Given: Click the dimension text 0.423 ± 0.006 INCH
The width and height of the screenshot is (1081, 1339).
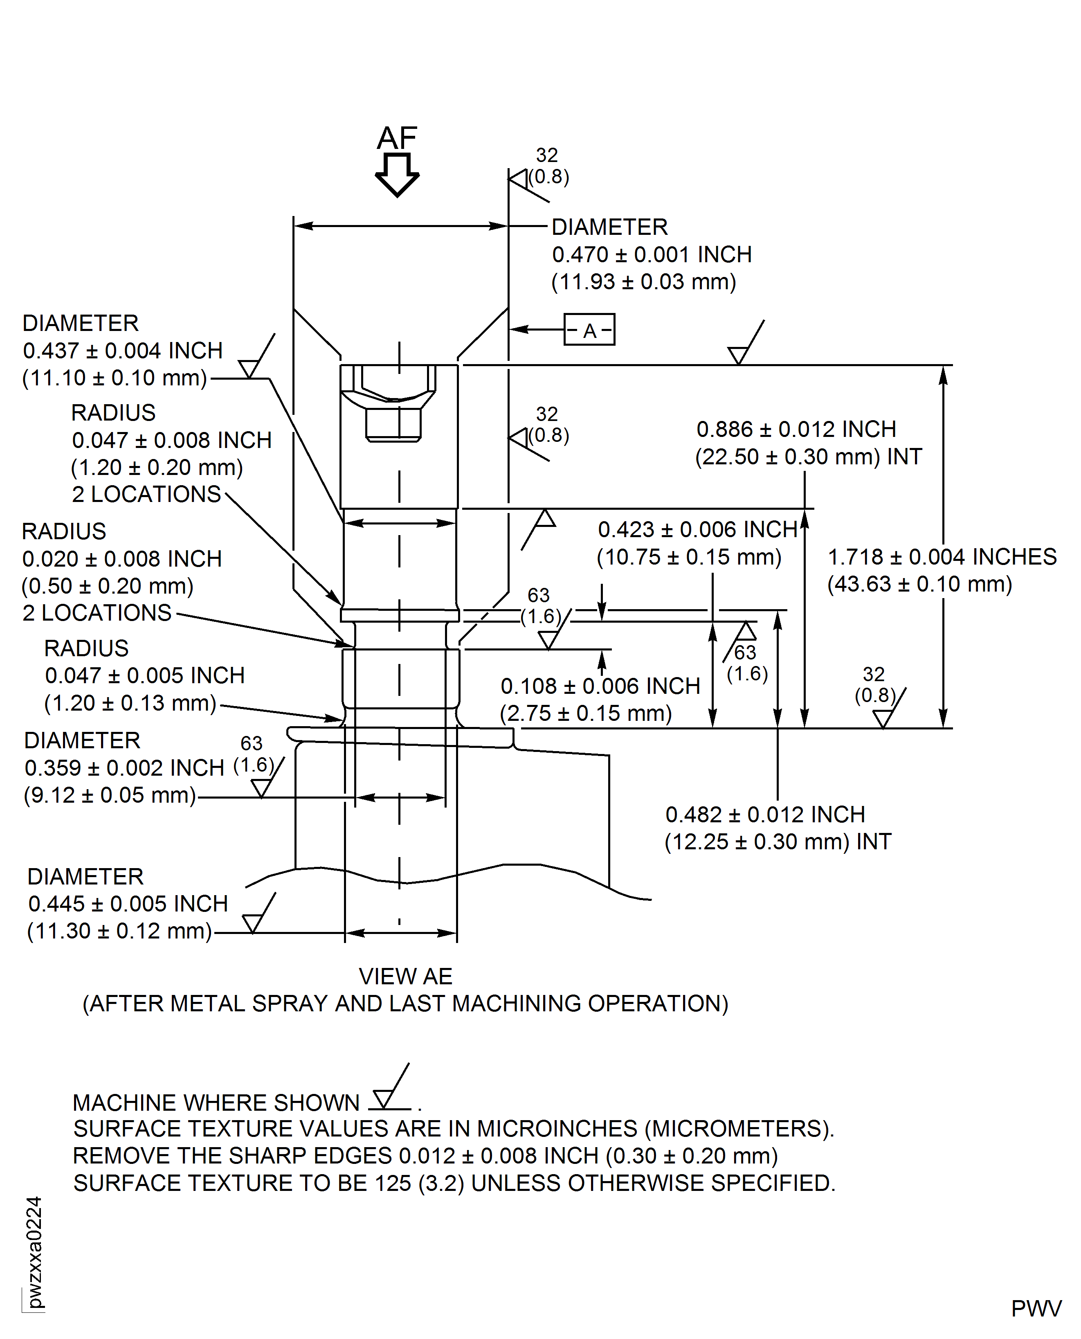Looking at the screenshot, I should (x=697, y=529).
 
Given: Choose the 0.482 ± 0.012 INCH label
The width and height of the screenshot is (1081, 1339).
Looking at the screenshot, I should (x=765, y=815).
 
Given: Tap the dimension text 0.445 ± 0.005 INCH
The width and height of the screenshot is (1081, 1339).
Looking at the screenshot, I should (x=128, y=904).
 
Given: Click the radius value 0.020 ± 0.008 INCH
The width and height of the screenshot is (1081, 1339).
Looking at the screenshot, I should (x=122, y=559).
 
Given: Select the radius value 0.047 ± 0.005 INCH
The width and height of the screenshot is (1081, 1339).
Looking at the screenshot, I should (x=144, y=676).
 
